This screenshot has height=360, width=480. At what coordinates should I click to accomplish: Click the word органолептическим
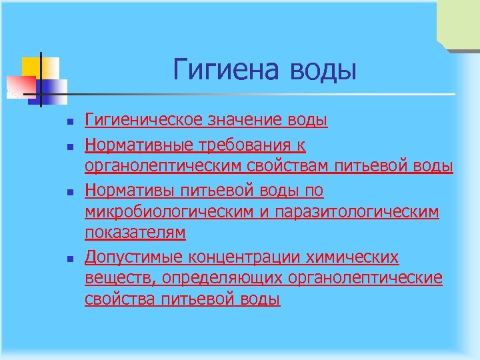tap(174, 166)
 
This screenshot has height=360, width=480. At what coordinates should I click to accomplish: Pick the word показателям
tap(135, 233)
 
